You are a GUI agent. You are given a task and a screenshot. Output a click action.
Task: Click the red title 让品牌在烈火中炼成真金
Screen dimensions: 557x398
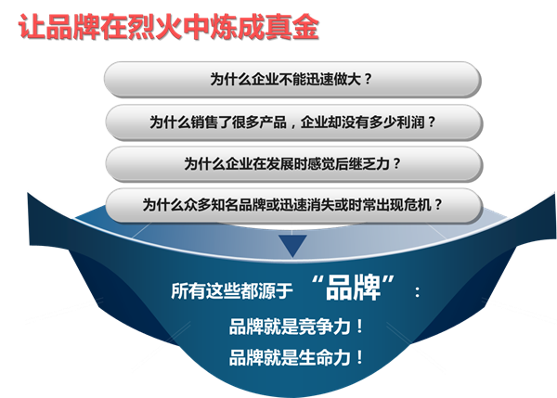coord(169,27)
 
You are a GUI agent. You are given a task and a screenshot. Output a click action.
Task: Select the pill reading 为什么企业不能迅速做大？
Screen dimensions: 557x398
coord(292,79)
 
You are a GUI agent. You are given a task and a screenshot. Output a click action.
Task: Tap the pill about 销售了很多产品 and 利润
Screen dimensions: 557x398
coord(293,122)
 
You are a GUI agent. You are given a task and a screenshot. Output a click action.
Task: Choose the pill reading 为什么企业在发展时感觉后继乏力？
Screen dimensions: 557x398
coord(293,164)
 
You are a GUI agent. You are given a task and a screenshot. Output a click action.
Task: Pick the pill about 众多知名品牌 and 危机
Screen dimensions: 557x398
coord(293,205)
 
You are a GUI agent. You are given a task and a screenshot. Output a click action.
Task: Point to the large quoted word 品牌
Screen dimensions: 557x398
coord(353,288)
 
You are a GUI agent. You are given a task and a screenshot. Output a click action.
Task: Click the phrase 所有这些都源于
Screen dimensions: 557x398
coord(231,291)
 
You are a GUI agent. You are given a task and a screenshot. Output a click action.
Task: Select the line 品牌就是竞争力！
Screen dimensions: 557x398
coord(297,327)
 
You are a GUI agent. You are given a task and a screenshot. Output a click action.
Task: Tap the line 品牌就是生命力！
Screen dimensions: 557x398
coord(297,357)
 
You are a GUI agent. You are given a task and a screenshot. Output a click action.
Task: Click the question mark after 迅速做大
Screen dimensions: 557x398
coord(368,79)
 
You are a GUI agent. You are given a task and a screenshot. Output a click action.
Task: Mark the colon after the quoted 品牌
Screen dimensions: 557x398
coord(418,292)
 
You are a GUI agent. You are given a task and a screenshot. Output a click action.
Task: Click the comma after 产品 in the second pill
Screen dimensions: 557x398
coord(292,125)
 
